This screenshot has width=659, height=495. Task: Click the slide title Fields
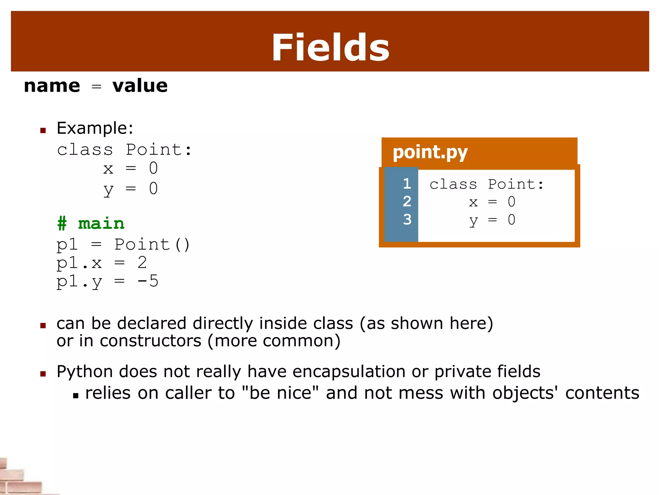330,48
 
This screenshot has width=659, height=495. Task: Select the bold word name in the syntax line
52,86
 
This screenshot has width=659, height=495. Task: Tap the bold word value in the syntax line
140,86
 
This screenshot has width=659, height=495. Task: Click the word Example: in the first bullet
95,128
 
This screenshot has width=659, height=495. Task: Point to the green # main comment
91,223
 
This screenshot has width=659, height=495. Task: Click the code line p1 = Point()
123,245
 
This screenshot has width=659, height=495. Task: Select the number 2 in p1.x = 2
142,263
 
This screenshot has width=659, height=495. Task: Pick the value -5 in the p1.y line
148,281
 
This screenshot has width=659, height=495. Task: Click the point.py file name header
430,152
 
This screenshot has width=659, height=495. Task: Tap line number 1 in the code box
407,184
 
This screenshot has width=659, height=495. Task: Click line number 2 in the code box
407,202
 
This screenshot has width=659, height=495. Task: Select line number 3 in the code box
407,219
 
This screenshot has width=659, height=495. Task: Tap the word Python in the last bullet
85,372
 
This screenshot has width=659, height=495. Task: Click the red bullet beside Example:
43,131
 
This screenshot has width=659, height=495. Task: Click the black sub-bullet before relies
76,395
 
